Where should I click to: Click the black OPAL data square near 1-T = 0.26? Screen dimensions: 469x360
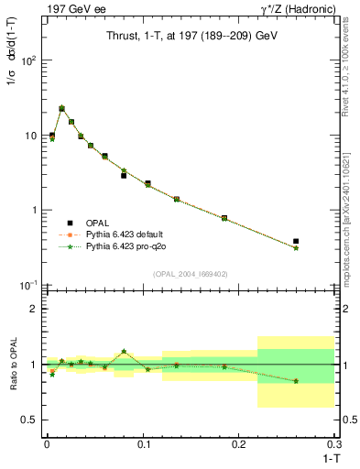coord(296,242)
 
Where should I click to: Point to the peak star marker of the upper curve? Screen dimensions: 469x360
coord(61,108)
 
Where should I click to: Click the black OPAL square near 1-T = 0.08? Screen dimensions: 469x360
coord(124,175)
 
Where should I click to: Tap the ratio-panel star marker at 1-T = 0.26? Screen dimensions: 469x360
coord(296,381)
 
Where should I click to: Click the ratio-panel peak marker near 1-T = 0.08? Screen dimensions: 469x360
coord(124,351)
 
